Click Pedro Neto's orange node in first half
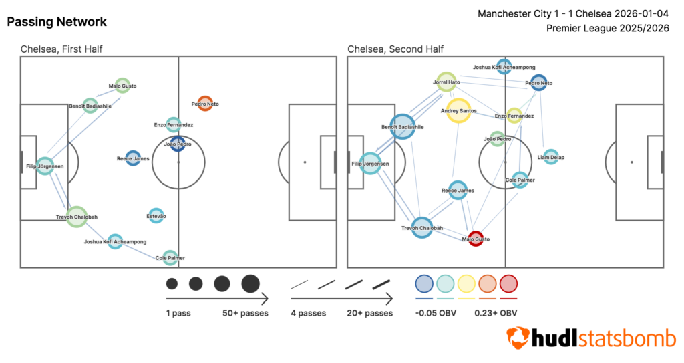(205, 104)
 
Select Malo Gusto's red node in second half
(475, 239)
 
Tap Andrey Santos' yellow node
(459, 110)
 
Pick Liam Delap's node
(550, 157)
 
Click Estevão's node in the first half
(156, 215)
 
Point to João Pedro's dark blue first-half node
(178, 143)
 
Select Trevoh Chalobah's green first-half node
(77, 217)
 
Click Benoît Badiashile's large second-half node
(402, 126)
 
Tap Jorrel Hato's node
(446, 82)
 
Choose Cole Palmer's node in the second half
(520, 180)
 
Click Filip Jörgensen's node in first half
(45, 166)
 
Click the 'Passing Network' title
(56, 22)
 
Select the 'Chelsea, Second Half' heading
(395, 49)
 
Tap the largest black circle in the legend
(250, 283)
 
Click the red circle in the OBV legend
(509, 284)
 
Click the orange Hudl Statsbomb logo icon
(517, 338)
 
